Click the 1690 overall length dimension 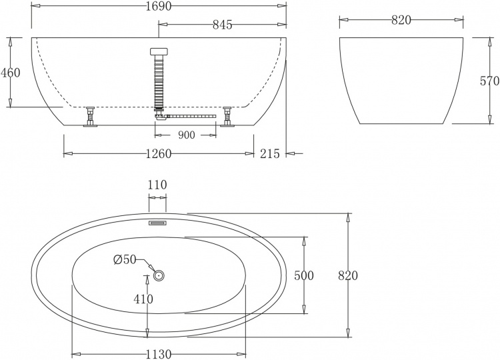[159, 6]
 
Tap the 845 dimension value [222, 25]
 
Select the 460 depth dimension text [10, 73]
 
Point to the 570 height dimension [490, 81]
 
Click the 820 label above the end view [401, 20]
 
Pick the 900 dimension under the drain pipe [186, 135]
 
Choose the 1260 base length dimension [159, 154]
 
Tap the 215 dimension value [270, 154]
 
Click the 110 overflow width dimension [157, 185]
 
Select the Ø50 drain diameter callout [125, 260]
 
